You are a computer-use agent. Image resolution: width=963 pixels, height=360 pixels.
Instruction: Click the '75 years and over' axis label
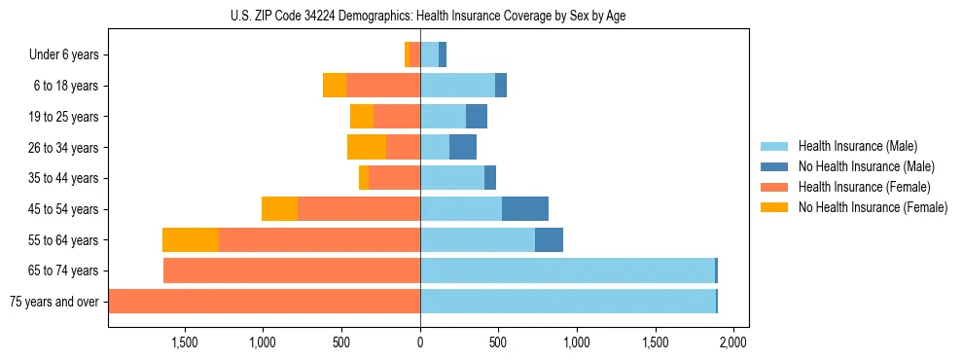[x=53, y=302]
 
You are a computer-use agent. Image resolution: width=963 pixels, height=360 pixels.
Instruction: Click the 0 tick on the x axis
[x=420, y=342]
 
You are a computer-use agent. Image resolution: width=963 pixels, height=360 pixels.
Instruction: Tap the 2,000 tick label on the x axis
[x=732, y=342]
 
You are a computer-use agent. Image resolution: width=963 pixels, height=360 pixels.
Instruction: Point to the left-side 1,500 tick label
[x=185, y=342]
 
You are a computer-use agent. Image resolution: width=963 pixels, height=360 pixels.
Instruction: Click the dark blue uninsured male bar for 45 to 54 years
[x=525, y=209]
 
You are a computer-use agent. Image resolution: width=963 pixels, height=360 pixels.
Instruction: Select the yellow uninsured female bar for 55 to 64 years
[x=191, y=240]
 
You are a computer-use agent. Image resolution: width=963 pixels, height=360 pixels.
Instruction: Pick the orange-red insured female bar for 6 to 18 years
[x=383, y=86]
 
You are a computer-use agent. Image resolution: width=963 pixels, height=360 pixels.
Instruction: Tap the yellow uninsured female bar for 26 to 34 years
[x=367, y=148]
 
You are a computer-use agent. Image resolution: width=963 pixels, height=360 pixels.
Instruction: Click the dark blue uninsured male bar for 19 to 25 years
[x=477, y=117]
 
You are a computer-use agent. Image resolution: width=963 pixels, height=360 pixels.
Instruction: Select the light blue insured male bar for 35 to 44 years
[x=452, y=178]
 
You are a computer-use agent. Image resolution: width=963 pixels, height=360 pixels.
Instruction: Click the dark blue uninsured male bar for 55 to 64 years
[x=549, y=240]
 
